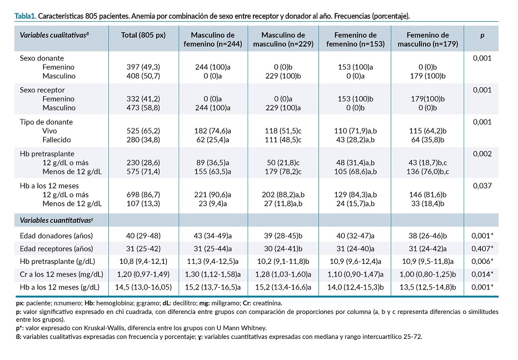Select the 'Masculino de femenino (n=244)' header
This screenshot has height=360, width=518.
213,39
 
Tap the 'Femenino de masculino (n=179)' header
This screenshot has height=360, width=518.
428,39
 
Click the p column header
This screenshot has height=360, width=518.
482,36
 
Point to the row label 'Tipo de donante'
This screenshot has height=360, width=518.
46,122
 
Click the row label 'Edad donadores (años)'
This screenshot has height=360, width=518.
56,236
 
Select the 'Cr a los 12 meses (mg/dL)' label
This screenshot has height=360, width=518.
62,274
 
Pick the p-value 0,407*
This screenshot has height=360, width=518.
482,248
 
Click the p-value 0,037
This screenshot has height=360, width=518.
482,186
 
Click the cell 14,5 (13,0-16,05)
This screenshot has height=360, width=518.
143,287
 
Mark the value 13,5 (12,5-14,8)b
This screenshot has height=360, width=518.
428,287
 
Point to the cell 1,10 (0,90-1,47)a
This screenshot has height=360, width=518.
356,274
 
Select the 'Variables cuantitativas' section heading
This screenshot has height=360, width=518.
57,221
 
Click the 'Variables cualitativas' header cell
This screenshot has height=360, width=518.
54,36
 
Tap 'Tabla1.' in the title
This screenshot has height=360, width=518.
26,16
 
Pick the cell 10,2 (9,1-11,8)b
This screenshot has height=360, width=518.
283,261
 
